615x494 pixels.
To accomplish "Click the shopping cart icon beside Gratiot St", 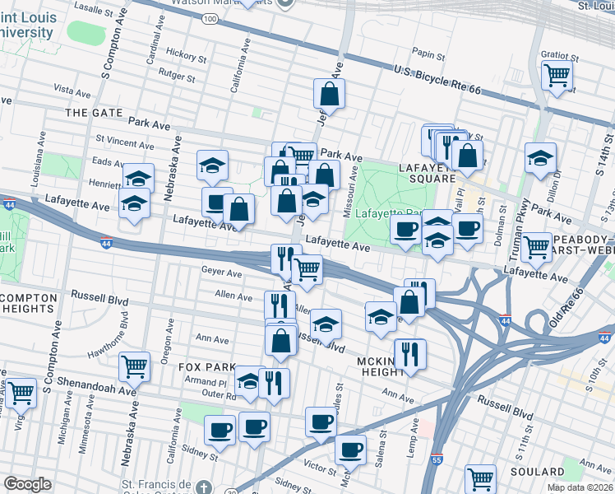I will (x=557, y=75).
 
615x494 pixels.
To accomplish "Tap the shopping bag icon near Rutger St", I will (x=329, y=95).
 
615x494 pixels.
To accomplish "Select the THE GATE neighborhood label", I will (x=94, y=113).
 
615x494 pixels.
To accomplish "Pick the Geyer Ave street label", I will (x=221, y=272).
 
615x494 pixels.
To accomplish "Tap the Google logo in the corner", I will (x=27, y=484).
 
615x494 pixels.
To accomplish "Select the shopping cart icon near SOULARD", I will (x=480, y=477).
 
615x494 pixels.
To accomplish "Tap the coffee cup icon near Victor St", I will (x=350, y=450).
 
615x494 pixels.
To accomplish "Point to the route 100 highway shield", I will (x=210, y=18).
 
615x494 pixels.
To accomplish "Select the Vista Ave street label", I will (x=72, y=87).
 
